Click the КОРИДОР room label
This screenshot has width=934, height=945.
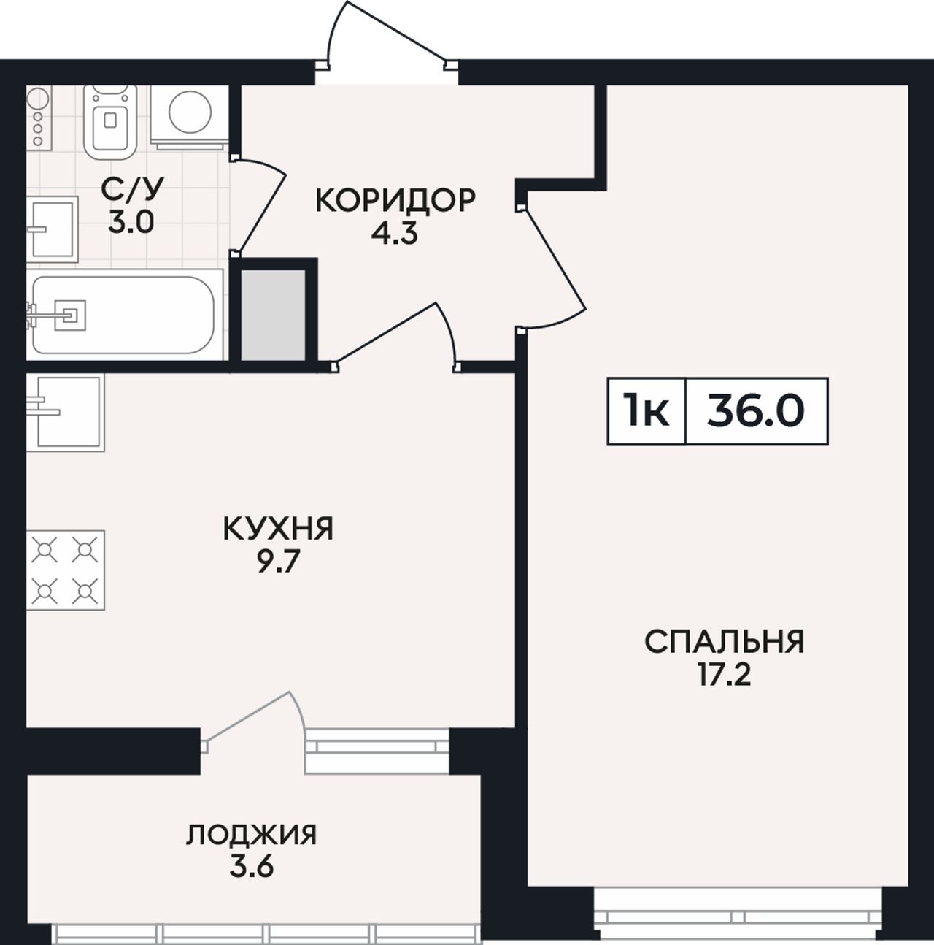pos(395,201)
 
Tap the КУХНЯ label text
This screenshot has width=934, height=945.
pos(278,529)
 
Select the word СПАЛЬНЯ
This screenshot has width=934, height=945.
pos(725,642)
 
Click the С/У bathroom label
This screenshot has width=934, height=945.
pos(131,190)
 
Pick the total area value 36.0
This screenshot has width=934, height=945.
pos(756,411)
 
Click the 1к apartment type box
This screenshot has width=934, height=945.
pos(647,411)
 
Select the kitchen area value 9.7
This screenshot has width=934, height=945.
pos(278,562)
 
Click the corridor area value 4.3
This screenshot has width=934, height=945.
pos(395,234)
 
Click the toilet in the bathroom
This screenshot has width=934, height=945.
pos(109,122)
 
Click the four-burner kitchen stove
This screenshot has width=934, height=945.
pos(65,570)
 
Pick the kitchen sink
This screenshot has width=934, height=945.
pos(65,413)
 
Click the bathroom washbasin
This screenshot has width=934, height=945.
pos(52,229)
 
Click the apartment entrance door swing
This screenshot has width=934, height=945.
pos(387,34)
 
